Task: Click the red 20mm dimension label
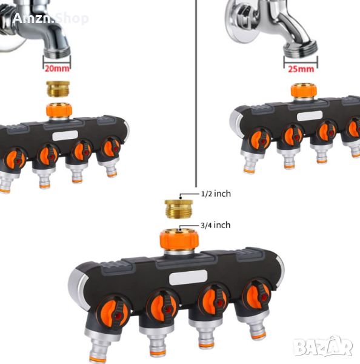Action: (57, 69)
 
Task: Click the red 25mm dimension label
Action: (301, 69)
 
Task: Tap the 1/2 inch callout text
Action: (216, 194)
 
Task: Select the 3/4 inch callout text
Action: (216, 225)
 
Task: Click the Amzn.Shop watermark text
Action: (50, 18)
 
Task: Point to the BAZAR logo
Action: (323, 346)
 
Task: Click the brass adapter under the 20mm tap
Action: (58, 89)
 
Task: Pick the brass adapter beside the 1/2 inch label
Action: (179, 209)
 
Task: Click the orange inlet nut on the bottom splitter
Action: (179, 240)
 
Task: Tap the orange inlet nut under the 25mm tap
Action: (304, 91)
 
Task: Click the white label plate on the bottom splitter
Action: (188, 277)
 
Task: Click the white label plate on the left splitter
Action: (65, 135)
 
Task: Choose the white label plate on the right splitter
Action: (310, 116)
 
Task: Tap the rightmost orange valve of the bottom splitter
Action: (256, 295)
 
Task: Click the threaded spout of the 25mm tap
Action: (301, 49)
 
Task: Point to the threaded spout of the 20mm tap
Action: (57, 50)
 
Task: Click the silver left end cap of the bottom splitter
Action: (78, 288)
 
